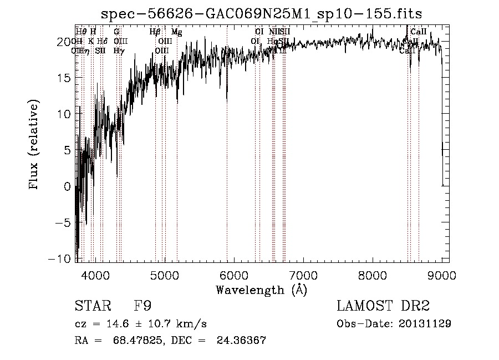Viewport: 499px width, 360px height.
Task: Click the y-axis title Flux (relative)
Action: point(35,145)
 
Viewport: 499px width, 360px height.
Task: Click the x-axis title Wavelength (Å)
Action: point(261,290)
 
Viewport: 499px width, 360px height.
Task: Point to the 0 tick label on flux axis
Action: point(68,186)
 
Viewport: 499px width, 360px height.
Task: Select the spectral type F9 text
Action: point(142,307)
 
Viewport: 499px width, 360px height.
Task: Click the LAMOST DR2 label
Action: point(383,307)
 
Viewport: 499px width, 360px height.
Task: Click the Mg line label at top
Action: point(176,32)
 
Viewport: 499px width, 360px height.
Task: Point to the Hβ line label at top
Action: point(155,32)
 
